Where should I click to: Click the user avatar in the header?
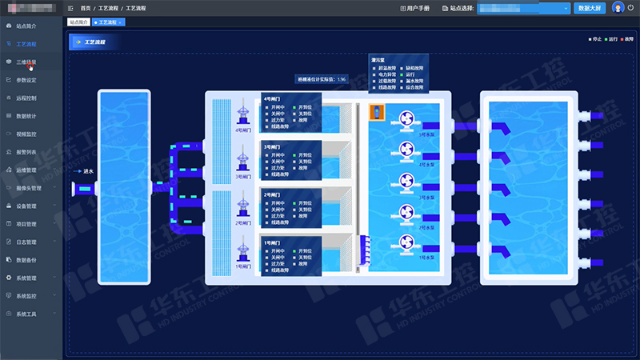(x=618, y=8)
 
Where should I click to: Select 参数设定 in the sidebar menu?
(x=26, y=80)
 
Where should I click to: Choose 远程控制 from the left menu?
(x=26, y=98)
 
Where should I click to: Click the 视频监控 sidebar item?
(x=26, y=134)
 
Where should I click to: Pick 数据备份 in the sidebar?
(x=26, y=259)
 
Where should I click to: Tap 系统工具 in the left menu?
(x=26, y=314)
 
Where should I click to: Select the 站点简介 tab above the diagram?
(x=78, y=22)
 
